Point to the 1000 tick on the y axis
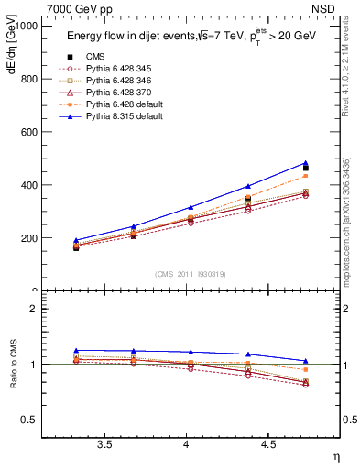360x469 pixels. (27, 27)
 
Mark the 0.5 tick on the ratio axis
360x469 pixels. (29, 420)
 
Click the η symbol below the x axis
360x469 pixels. (334, 455)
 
